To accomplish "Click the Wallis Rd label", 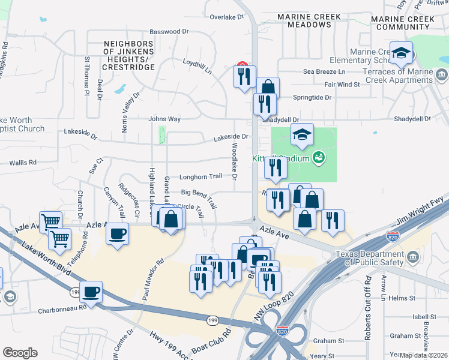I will [23, 163].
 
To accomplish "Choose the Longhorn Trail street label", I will [201, 177].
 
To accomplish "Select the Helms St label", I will [402, 298].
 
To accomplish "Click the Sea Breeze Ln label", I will [324, 71].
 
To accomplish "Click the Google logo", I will [20, 353].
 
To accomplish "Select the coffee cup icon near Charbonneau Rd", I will [91, 292].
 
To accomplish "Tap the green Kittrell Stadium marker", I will [319, 158].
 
